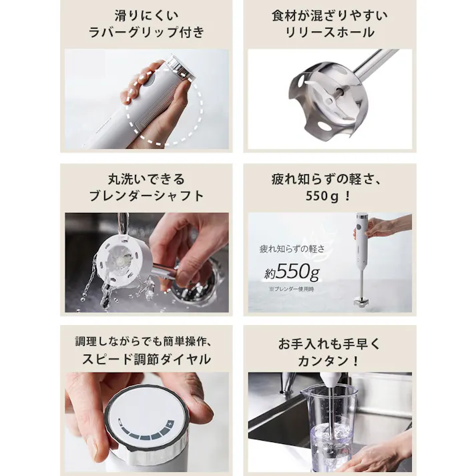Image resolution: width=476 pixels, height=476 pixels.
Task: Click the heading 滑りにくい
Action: [146, 14]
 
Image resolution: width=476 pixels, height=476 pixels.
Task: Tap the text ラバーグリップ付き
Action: [146, 32]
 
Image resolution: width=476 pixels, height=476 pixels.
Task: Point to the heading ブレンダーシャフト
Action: [146, 196]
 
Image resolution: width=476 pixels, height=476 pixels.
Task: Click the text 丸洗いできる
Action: [146, 179]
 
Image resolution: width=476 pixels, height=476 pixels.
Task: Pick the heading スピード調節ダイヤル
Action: [146, 360]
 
